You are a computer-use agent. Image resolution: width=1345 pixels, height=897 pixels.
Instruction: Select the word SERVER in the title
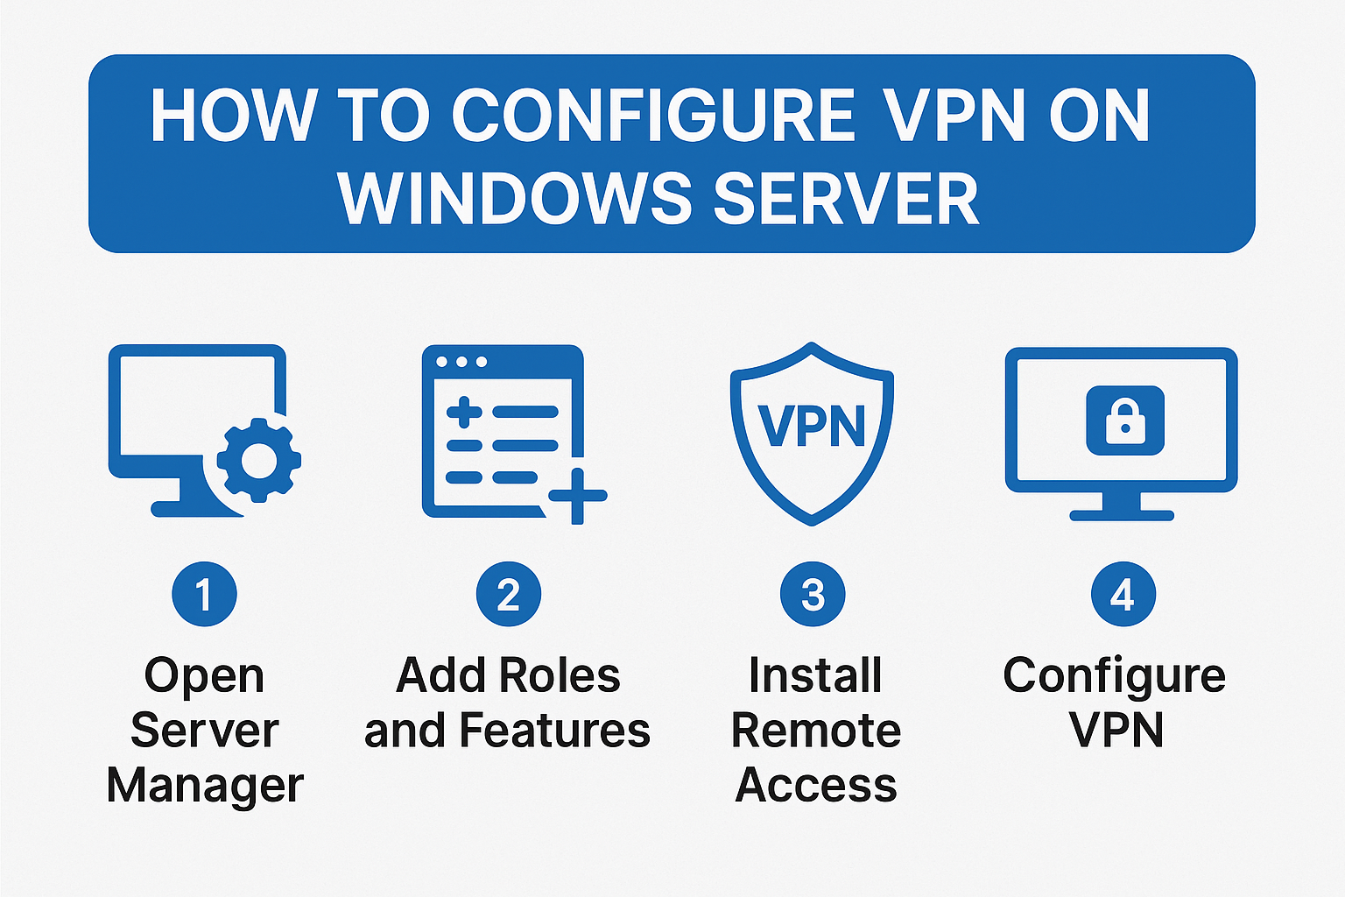click(x=846, y=198)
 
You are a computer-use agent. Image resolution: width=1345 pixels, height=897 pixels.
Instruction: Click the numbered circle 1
click(x=204, y=595)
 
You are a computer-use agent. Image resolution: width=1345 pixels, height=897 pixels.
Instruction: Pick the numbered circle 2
click(x=508, y=595)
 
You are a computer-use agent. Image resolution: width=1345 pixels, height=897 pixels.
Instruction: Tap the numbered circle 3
click(x=813, y=595)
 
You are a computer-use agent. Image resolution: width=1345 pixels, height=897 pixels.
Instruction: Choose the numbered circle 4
click(x=1123, y=595)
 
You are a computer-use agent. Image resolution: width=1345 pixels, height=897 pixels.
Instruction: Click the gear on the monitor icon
click(x=258, y=461)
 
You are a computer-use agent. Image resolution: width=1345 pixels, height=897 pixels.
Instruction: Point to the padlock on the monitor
click(x=1125, y=421)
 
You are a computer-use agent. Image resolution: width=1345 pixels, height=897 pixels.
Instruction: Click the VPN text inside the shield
click(x=812, y=427)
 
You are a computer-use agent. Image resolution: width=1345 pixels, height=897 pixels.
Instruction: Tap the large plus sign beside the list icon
click(x=578, y=496)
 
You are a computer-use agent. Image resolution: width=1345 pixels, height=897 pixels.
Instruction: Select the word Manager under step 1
click(x=205, y=786)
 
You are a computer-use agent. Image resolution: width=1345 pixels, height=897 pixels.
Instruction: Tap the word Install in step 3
click(x=815, y=676)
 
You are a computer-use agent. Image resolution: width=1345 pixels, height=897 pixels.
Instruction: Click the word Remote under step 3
click(x=815, y=731)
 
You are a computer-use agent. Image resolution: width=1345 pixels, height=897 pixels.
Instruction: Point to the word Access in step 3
click(x=815, y=786)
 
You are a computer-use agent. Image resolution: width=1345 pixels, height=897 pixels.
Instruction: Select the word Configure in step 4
click(x=1114, y=676)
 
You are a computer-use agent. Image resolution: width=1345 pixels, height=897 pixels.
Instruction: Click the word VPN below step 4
click(x=1116, y=731)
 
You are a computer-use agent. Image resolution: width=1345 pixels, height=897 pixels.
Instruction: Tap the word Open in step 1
click(x=204, y=676)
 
